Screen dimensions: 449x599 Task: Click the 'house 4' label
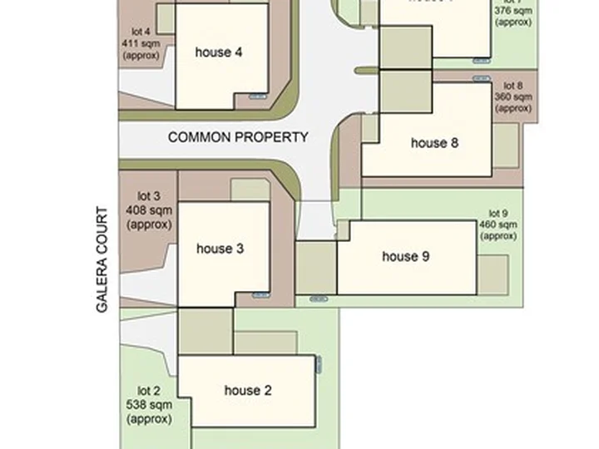[219, 52]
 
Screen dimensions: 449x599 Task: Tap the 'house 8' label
[434, 143]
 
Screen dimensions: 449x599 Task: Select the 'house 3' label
[220, 249]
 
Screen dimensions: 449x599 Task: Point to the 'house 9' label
[405, 256]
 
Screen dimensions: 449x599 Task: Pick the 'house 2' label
[248, 390]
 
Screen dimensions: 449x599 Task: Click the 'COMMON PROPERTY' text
[238, 137]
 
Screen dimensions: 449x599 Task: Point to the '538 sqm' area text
[150, 405]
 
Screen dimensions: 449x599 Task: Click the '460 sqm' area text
[498, 224]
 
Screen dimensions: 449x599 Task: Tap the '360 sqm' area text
[512, 96]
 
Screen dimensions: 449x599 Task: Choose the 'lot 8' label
[513, 85]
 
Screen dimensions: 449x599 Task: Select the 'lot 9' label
[498, 213]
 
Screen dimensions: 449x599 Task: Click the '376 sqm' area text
[513, 11]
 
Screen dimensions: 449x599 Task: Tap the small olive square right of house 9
[493, 274]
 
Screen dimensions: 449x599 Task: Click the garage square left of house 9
[316, 267]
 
